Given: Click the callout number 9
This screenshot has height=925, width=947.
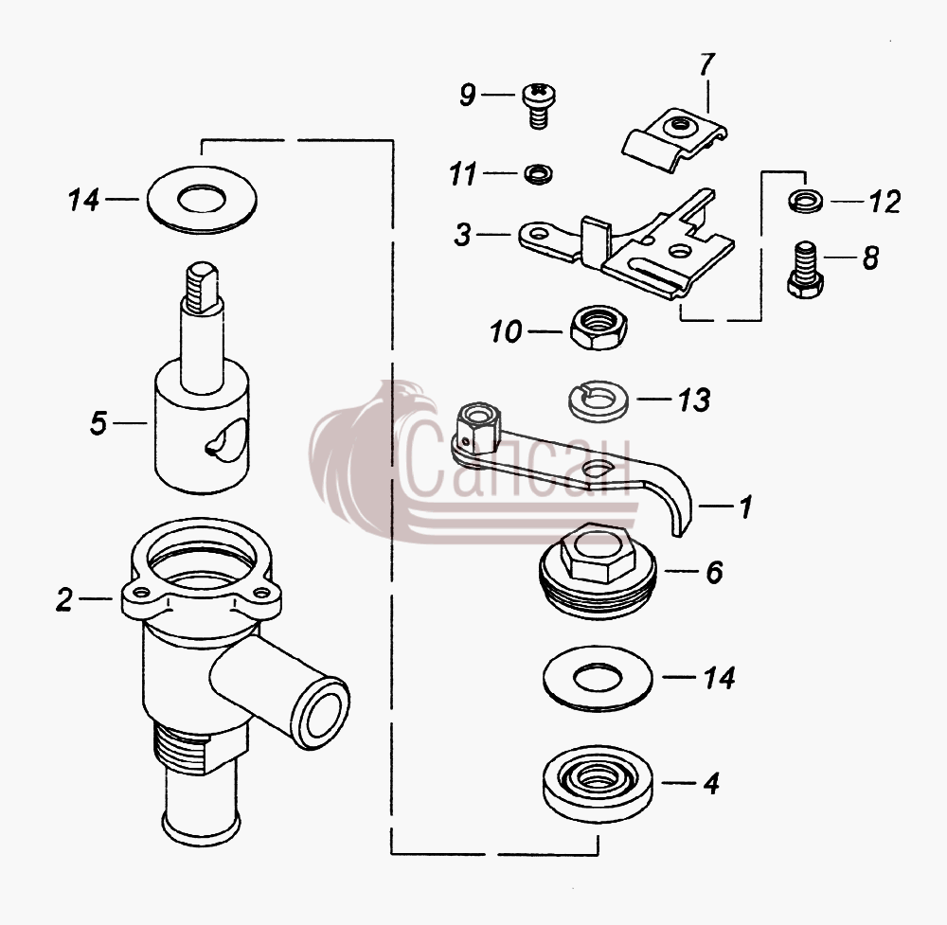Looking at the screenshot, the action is coord(468,95).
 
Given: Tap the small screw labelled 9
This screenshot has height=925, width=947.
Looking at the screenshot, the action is coord(538,105).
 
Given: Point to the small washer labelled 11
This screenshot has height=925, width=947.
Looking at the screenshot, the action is coord(538,174).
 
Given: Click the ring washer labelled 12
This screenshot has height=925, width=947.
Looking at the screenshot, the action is coord(805,200).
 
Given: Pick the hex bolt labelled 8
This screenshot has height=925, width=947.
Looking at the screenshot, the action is coord(805,270).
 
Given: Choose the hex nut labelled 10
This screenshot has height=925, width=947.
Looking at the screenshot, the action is coord(599,328).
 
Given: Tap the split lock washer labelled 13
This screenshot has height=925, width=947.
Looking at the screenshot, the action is coord(599,400).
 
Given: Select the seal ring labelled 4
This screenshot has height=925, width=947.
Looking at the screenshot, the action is coord(598,783).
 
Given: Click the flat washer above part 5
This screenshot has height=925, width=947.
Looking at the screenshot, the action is coord(202,199).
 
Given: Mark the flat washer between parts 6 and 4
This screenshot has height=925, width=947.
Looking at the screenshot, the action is coord(598,678).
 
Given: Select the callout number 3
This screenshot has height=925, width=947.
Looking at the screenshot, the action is coord(463,235).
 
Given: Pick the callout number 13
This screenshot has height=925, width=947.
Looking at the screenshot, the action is coord(693,400).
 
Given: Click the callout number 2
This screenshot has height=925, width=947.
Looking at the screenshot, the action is coord(64,599).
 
